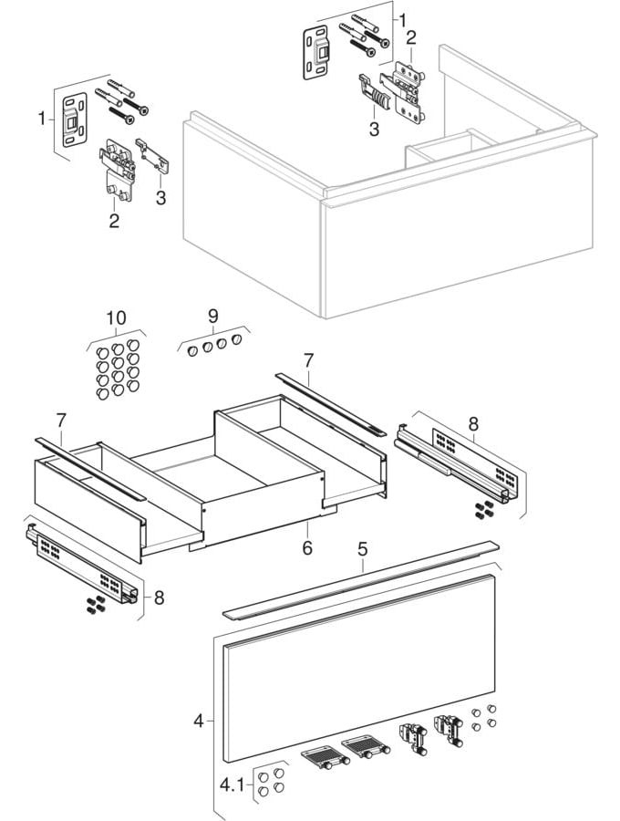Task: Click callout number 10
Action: (x=116, y=317)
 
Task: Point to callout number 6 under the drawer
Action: (x=307, y=547)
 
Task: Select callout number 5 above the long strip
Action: (x=362, y=551)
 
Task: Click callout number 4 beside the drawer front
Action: (x=198, y=721)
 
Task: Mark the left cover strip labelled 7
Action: (x=89, y=466)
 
